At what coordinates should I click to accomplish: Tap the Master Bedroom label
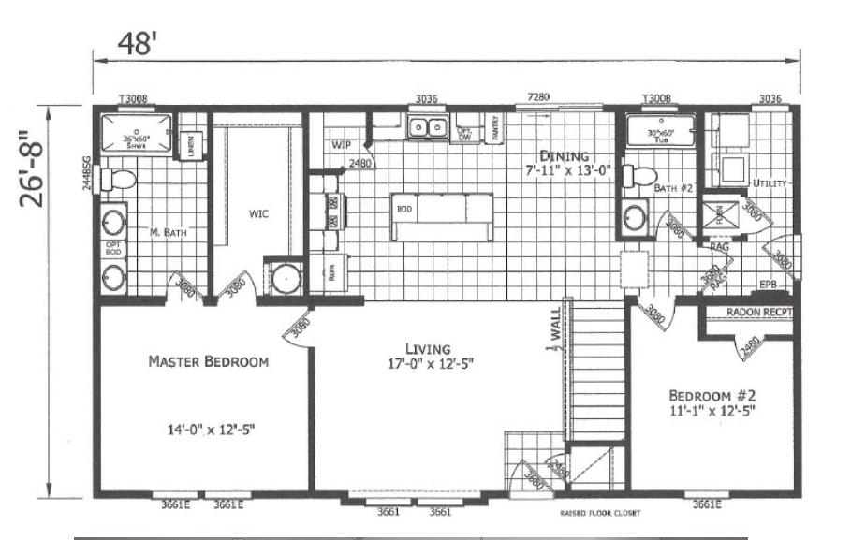pyautogui.click(x=208, y=361)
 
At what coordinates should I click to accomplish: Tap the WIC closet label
pyautogui.click(x=259, y=213)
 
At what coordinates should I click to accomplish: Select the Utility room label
pyautogui.click(x=770, y=183)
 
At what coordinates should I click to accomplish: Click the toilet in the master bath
pyautogui.click(x=120, y=178)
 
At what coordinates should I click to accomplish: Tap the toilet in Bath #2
pyautogui.click(x=641, y=176)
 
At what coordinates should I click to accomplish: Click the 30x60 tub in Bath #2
pyautogui.click(x=663, y=132)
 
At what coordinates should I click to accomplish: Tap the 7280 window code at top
pyautogui.click(x=538, y=97)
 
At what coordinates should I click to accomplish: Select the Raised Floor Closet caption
pyautogui.click(x=600, y=513)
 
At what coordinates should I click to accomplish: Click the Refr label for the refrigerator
pyautogui.click(x=330, y=274)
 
